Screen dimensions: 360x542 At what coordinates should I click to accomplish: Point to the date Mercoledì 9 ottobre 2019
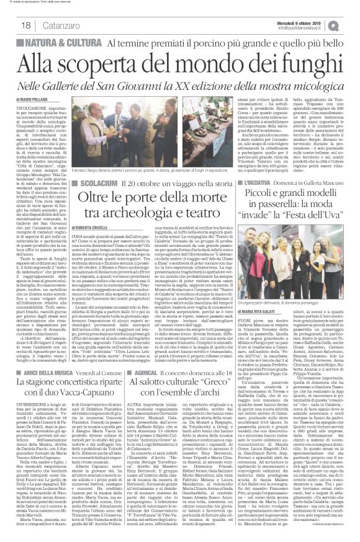coord(302,20)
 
